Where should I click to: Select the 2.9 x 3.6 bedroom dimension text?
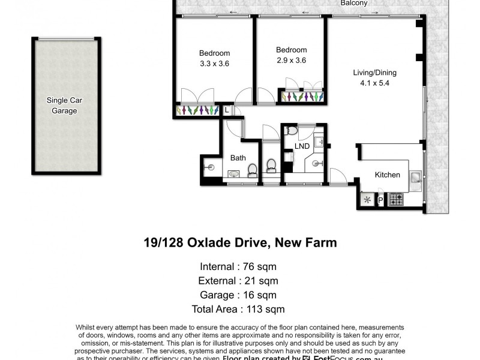pyautogui.click(x=291, y=60)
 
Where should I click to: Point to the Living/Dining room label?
pyautogui.click(x=374, y=73)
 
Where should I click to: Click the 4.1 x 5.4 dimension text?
pyautogui.click(x=374, y=83)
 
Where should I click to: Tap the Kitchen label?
pyautogui.click(x=387, y=175)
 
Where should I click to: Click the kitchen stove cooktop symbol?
pyautogui.click(x=395, y=199)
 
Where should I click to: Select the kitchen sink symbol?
pyautogui.click(x=415, y=177)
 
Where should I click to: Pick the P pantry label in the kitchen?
pyautogui.click(x=380, y=200)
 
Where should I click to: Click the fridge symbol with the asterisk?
pyautogui.click(x=366, y=200)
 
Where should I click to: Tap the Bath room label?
pyautogui.click(x=238, y=158)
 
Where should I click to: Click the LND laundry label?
pyautogui.click(x=302, y=146)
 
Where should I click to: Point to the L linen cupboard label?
pyautogui.click(x=227, y=110)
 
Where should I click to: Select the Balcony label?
pyautogui.click(x=353, y=3)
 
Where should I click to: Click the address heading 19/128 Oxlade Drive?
pyautogui.click(x=240, y=243)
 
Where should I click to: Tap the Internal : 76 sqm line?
pyautogui.click(x=238, y=266)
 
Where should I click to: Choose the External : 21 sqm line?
pyautogui.click(x=238, y=280)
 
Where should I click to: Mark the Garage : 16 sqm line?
pyautogui.click(x=238, y=295)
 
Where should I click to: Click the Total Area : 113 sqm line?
pyautogui.click(x=238, y=309)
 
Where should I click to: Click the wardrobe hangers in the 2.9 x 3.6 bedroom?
pyautogui.click(x=302, y=96)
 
